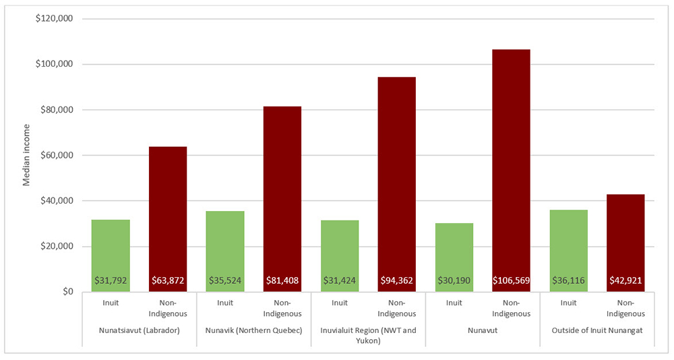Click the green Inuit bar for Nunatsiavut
111,256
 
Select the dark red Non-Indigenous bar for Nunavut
511,171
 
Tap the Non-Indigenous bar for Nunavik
282,199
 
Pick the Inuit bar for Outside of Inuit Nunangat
568,251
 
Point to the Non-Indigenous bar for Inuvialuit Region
397,184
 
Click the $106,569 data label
511,280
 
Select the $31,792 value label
111,280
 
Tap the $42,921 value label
625,280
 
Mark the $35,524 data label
225,280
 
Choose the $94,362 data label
397,280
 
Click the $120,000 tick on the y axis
54,19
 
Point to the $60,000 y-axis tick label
57,155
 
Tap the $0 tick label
67,292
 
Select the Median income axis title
27,155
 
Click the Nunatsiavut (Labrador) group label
140,331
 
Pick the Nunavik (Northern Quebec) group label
253,331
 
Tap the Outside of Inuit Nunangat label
597,331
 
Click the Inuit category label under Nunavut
454,303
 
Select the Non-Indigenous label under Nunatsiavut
168,308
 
